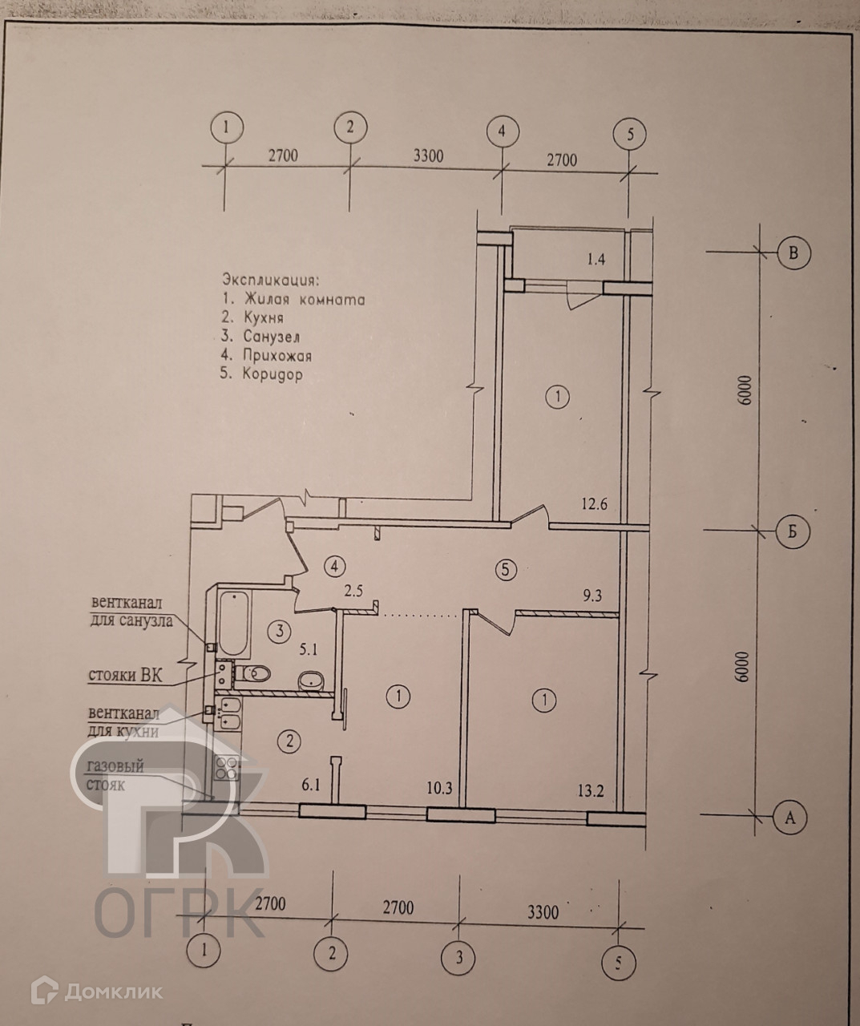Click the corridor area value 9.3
click(594, 595)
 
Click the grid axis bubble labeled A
click(790, 818)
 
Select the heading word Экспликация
click(270, 281)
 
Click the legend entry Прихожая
click(273, 355)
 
